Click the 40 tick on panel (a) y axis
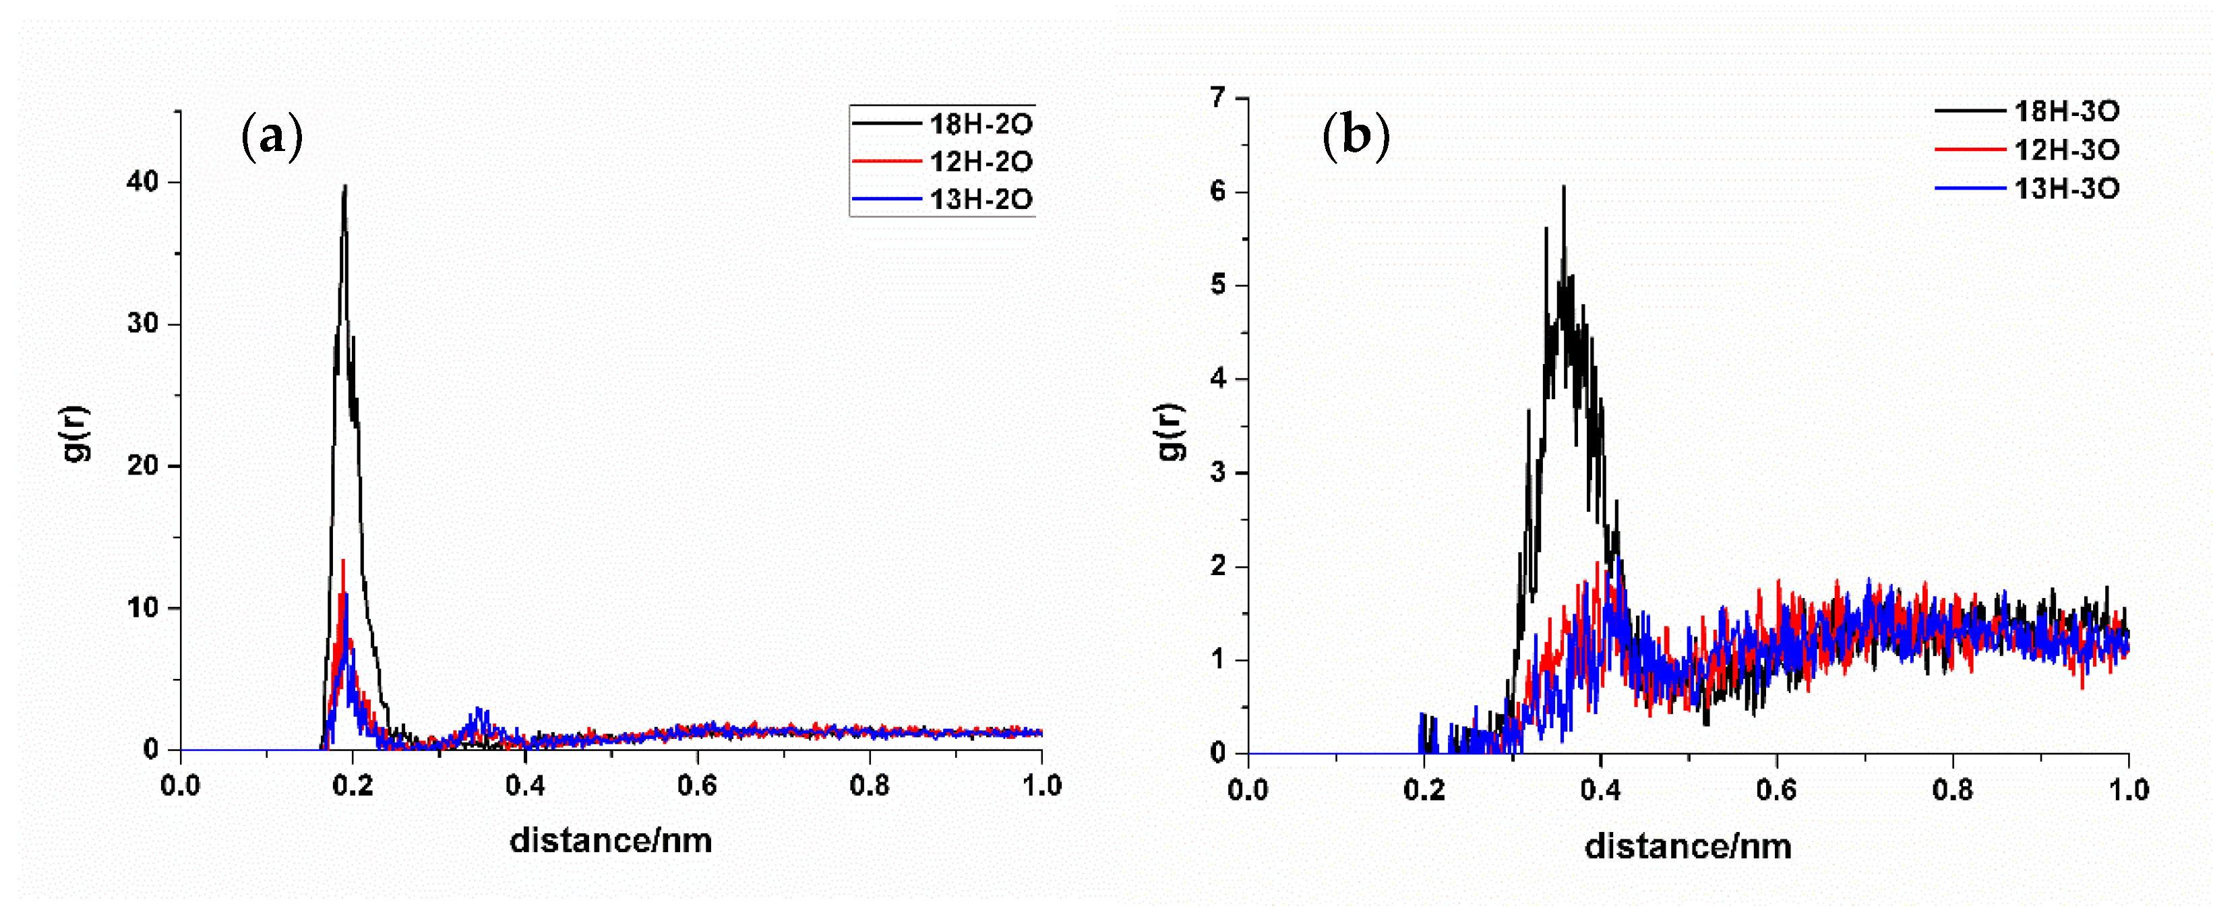[x=143, y=181]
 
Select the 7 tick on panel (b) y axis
[x=1217, y=98]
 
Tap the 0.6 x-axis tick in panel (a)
[x=697, y=785]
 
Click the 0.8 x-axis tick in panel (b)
[x=1952, y=790]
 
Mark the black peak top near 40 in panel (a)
[x=344, y=187]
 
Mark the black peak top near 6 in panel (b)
[x=1564, y=187]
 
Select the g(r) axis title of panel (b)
[x=1170, y=431]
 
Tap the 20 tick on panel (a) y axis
[x=143, y=466]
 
